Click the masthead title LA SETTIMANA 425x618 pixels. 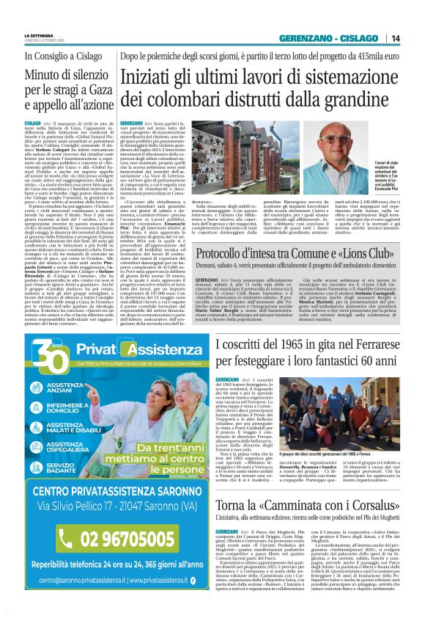click(x=38, y=33)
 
